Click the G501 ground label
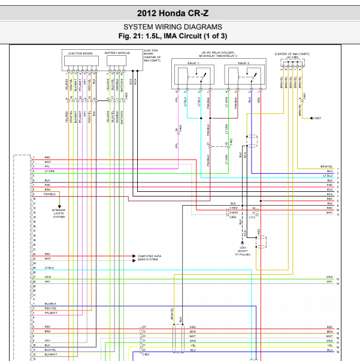coord(317,118)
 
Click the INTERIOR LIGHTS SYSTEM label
coord(59,213)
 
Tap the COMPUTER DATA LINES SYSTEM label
coord(149,257)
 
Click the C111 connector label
coord(252,217)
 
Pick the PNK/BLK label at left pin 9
coord(50,194)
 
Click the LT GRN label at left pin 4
coord(49,172)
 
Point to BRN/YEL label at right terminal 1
coord(326,166)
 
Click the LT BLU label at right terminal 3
coord(328,176)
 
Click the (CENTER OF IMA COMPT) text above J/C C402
coord(292,54)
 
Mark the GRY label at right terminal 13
coord(329,282)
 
